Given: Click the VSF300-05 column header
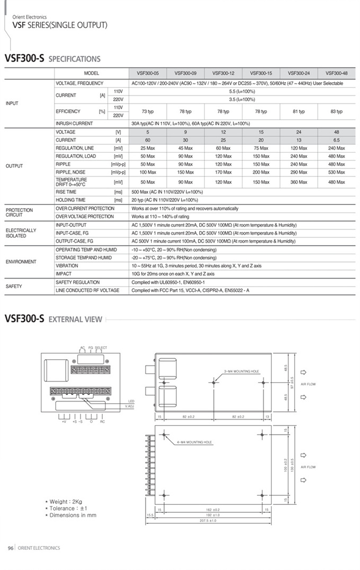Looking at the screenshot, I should pyautogui.click(x=148, y=73).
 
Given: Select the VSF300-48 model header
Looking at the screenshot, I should pyautogui.click(x=337, y=73).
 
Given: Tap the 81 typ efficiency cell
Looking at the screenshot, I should pyautogui.click(x=299, y=111).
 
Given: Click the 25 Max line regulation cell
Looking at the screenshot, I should pyautogui.click(x=148, y=148).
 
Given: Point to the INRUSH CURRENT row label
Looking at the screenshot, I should pyautogui.click(x=74, y=123).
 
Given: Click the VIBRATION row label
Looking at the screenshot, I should pyautogui.click(x=67, y=266).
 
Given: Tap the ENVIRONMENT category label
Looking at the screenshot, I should pyautogui.click(x=21, y=262).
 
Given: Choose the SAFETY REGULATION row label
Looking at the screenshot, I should pyautogui.click(x=77, y=282).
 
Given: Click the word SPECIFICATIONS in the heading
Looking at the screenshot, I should pyautogui.click(x=74, y=59).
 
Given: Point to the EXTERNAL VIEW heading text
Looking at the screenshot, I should pyautogui.click(x=75, y=319).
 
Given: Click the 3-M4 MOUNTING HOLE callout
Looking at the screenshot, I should pyautogui.click(x=241, y=371).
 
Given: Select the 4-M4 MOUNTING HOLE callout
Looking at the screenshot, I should pyautogui.click(x=194, y=442).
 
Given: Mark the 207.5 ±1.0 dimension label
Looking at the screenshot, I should pyautogui.click(x=209, y=520).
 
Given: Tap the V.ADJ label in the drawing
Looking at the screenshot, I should pyautogui.click(x=130, y=406).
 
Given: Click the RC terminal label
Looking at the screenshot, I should pyautogui.click(x=102, y=422).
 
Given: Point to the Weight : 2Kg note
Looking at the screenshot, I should pyautogui.click(x=64, y=501).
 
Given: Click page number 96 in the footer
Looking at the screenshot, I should pyautogui.click(x=10, y=548).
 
